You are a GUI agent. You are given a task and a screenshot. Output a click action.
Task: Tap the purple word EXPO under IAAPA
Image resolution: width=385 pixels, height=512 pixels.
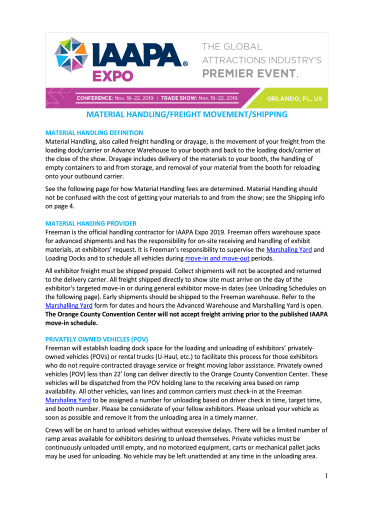tap(113, 76)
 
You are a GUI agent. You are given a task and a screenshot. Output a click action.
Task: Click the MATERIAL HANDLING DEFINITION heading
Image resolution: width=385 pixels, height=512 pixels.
tap(94, 132)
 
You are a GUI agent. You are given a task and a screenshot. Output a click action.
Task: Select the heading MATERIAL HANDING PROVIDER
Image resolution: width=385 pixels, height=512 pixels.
tap(90, 223)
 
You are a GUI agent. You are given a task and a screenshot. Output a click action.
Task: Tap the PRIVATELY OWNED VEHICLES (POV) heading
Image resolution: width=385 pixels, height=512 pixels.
tap(96, 338)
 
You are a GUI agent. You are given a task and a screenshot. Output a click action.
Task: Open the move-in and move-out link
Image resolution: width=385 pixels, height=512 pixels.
tap(217, 258)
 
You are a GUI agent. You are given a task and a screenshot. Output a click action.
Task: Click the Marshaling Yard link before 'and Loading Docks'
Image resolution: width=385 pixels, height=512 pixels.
tap(289, 249)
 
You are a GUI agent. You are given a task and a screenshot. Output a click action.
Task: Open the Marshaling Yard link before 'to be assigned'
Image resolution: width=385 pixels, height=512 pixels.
tap(68, 400)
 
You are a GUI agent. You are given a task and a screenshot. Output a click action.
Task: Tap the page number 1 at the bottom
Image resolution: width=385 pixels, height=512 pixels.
tap(325, 476)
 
